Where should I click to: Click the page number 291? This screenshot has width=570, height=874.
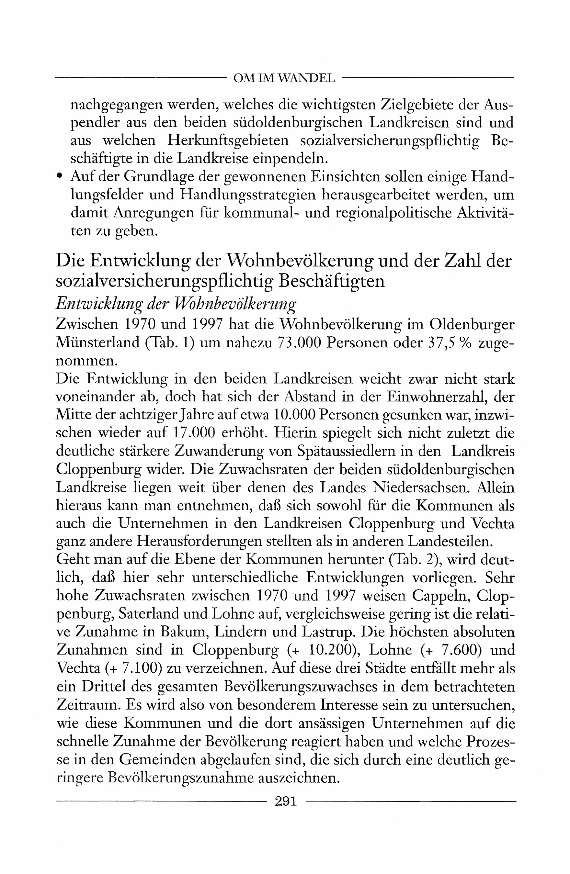pos(286,801)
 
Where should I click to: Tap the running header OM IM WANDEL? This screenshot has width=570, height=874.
pos(284,78)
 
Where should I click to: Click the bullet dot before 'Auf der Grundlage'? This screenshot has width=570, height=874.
pos(60,176)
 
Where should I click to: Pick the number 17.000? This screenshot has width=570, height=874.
pos(193,432)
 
